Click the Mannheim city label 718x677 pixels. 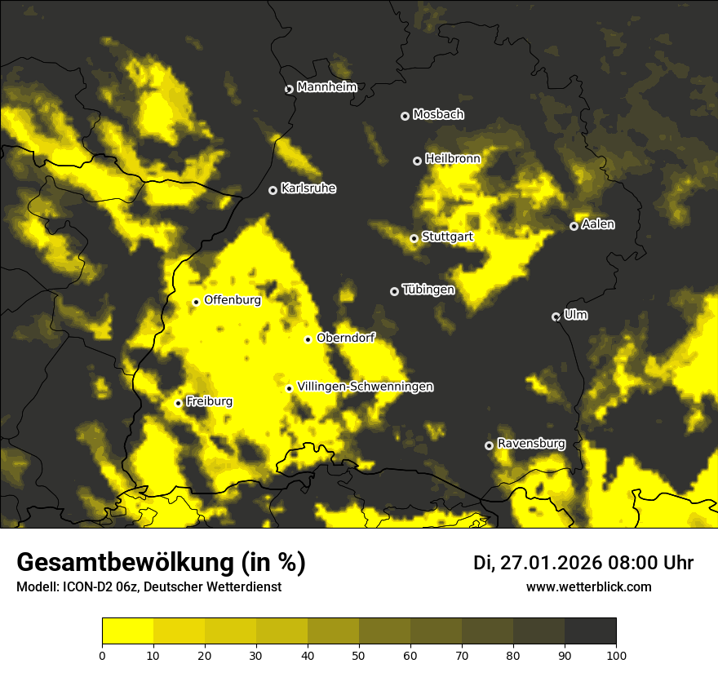coord(327,87)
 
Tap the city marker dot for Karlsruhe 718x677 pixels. coord(273,190)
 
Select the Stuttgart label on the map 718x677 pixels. coord(447,237)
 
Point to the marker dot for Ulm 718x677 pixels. coord(556,316)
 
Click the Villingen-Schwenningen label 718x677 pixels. coord(366,387)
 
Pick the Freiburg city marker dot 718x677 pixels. coord(178,403)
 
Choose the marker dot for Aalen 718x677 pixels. coord(574,226)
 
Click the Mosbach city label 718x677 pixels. coord(438,114)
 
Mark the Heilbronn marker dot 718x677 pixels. coord(417,161)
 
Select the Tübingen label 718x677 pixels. coord(428,290)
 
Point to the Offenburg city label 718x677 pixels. coord(233,300)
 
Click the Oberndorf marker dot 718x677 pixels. coord(308,339)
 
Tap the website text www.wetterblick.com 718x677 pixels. coord(589,586)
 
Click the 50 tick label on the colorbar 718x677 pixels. coord(359,654)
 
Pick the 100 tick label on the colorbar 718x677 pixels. coord(616,654)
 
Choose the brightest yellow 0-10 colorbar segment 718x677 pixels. coord(127,631)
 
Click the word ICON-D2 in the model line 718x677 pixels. coord(85,587)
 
